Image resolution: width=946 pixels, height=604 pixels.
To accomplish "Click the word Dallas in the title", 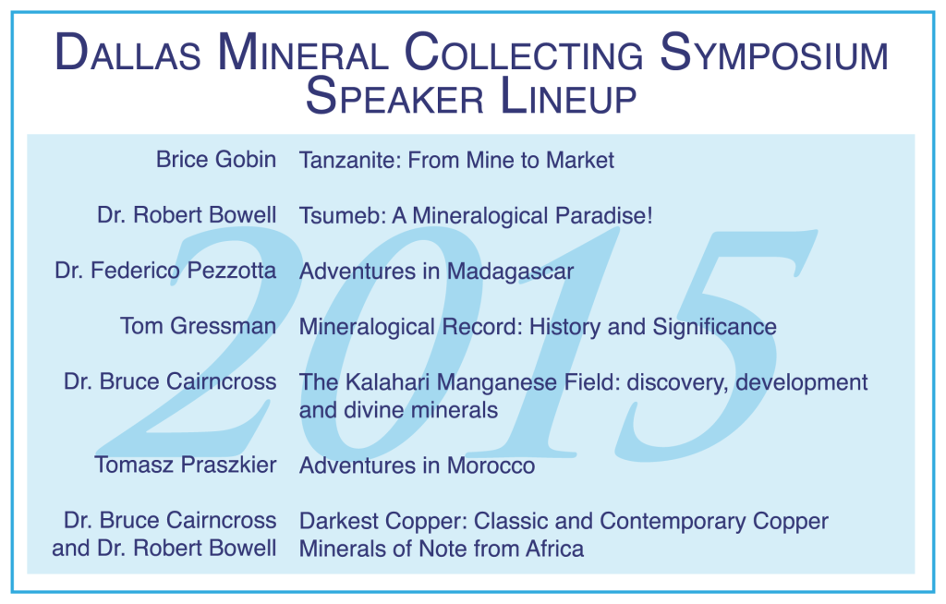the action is pyautogui.click(x=127, y=53).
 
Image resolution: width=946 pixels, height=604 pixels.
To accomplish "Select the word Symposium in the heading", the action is pyautogui.click(x=774, y=53).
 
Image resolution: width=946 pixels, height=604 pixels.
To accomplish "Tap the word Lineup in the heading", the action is pyautogui.click(x=568, y=97).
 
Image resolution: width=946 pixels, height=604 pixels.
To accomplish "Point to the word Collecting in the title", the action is pyautogui.click(x=524, y=53).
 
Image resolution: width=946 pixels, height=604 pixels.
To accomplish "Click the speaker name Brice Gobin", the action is pyautogui.click(x=216, y=160).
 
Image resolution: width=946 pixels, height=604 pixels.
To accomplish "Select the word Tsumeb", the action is pyautogui.click(x=342, y=215).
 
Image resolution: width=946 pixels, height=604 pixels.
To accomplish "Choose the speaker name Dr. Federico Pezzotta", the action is pyautogui.click(x=165, y=271).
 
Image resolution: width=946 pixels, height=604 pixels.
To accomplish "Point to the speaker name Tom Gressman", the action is pyautogui.click(x=198, y=326).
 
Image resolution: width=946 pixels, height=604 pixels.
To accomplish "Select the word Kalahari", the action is pyautogui.click(x=389, y=382).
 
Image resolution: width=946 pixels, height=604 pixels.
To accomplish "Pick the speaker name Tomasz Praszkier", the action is pyautogui.click(x=185, y=465).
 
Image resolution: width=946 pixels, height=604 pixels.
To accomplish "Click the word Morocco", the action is pyautogui.click(x=491, y=465).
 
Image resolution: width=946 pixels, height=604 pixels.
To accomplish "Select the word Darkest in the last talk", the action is pyautogui.click(x=340, y=521).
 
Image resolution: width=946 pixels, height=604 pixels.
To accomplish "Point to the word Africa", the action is pyautogui.click(x=554, y=549).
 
